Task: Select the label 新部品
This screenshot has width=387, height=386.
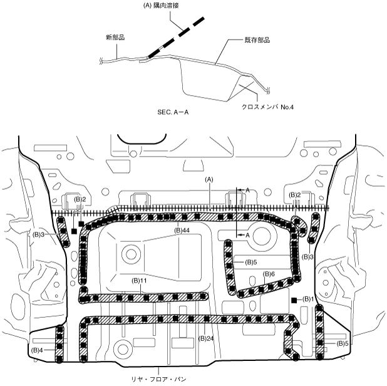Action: pos(115,38)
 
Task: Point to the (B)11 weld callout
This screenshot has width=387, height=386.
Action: pos(139,280)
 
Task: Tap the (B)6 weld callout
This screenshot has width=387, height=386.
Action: pos(269,274)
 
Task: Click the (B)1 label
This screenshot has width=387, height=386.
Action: pos(307,300)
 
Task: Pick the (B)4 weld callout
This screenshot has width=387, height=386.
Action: pos(37,349)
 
